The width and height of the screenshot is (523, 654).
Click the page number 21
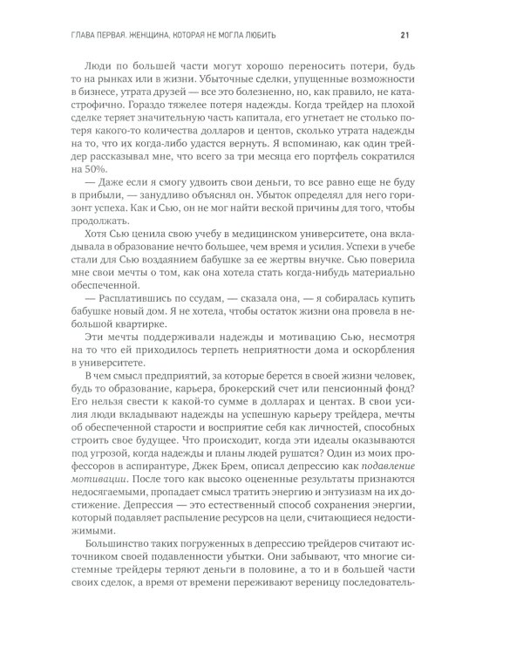click(x=404, y=35)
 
